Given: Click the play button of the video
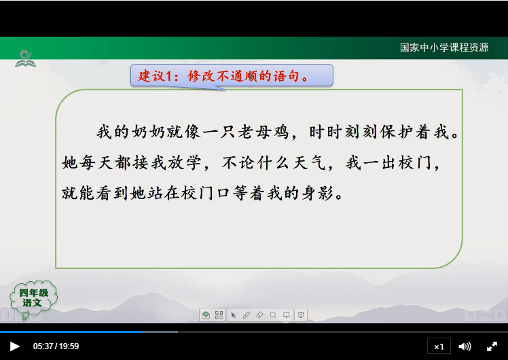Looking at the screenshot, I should point(14,346).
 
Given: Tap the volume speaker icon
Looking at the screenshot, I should point(465,346).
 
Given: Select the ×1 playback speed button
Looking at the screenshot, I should point(439,346).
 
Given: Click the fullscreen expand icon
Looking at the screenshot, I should point(492,346).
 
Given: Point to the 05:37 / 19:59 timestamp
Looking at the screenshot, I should point(56,346).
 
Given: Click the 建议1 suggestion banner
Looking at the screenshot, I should point(231,75).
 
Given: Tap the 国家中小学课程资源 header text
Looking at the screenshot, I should point(444,48).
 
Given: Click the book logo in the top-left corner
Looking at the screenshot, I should point(26,58).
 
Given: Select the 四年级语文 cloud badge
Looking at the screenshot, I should point(32,298).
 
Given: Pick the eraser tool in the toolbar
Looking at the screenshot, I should point(259,315).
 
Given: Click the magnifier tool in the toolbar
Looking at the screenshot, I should point(273,315).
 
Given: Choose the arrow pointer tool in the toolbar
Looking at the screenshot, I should point(233,315).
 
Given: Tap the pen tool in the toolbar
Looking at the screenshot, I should point(246,315).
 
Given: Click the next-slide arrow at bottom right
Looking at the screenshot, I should point(499,315).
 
